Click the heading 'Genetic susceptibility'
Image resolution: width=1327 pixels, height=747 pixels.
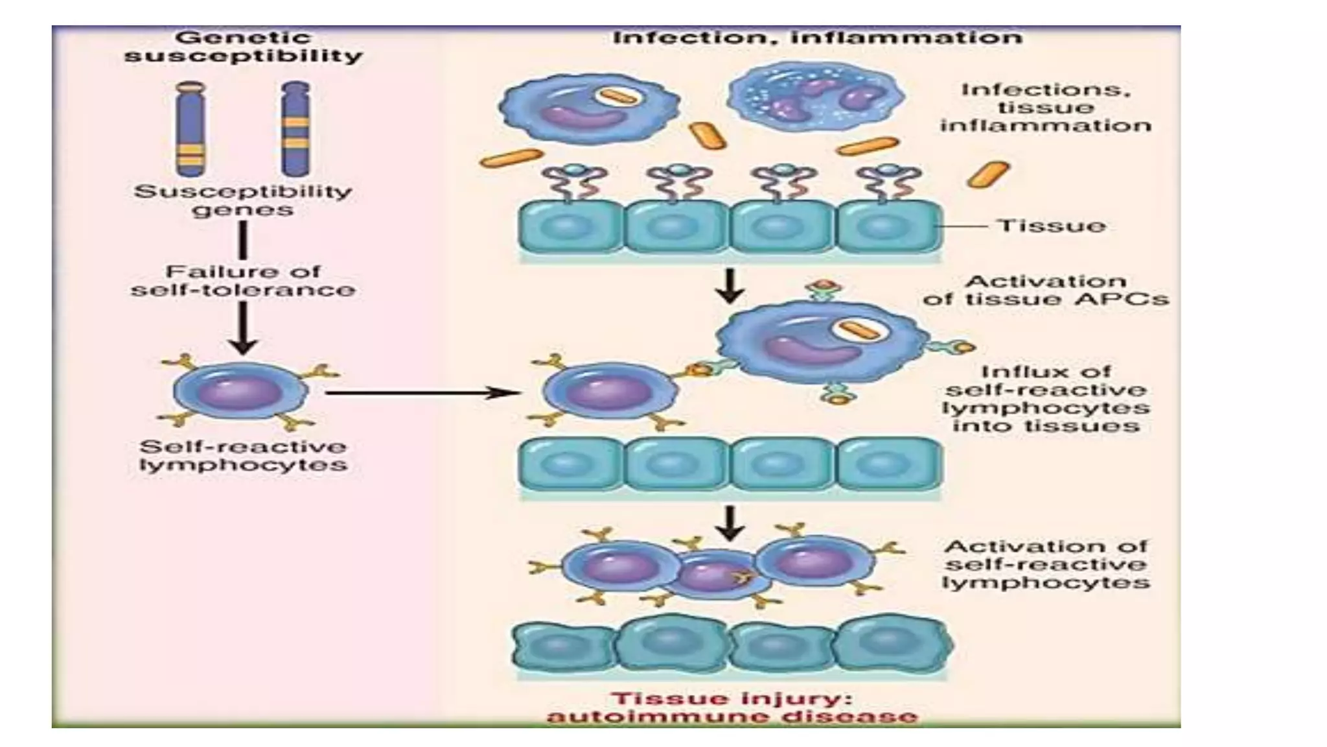(243, 47)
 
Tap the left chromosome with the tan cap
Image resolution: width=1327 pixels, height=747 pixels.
(190, 128)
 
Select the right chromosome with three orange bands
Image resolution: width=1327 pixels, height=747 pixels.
(295, 128)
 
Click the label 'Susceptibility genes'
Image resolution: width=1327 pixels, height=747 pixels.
(243, 200)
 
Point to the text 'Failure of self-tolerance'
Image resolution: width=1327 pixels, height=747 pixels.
(243, 280)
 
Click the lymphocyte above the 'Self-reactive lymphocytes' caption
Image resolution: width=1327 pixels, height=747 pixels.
(240, 391)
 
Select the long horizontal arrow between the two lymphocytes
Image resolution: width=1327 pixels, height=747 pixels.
(421, 392)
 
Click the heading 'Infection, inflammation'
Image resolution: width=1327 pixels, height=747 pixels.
(817, 37)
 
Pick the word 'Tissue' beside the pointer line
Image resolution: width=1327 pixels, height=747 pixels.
(1051, 226)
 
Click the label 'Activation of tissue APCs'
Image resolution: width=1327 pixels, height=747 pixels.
(1045, 290)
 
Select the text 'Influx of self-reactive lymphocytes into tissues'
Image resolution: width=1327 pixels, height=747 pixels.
(1045, 399)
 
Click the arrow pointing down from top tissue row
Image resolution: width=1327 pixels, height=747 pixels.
(730, 285)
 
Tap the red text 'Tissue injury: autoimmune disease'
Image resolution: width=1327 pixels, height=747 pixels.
(732, 707)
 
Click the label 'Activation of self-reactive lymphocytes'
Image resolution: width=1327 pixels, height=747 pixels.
(1045, 564)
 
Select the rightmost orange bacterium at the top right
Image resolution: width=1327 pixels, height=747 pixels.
(988, 174)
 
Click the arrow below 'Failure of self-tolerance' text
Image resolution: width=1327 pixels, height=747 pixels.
(243, 327)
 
